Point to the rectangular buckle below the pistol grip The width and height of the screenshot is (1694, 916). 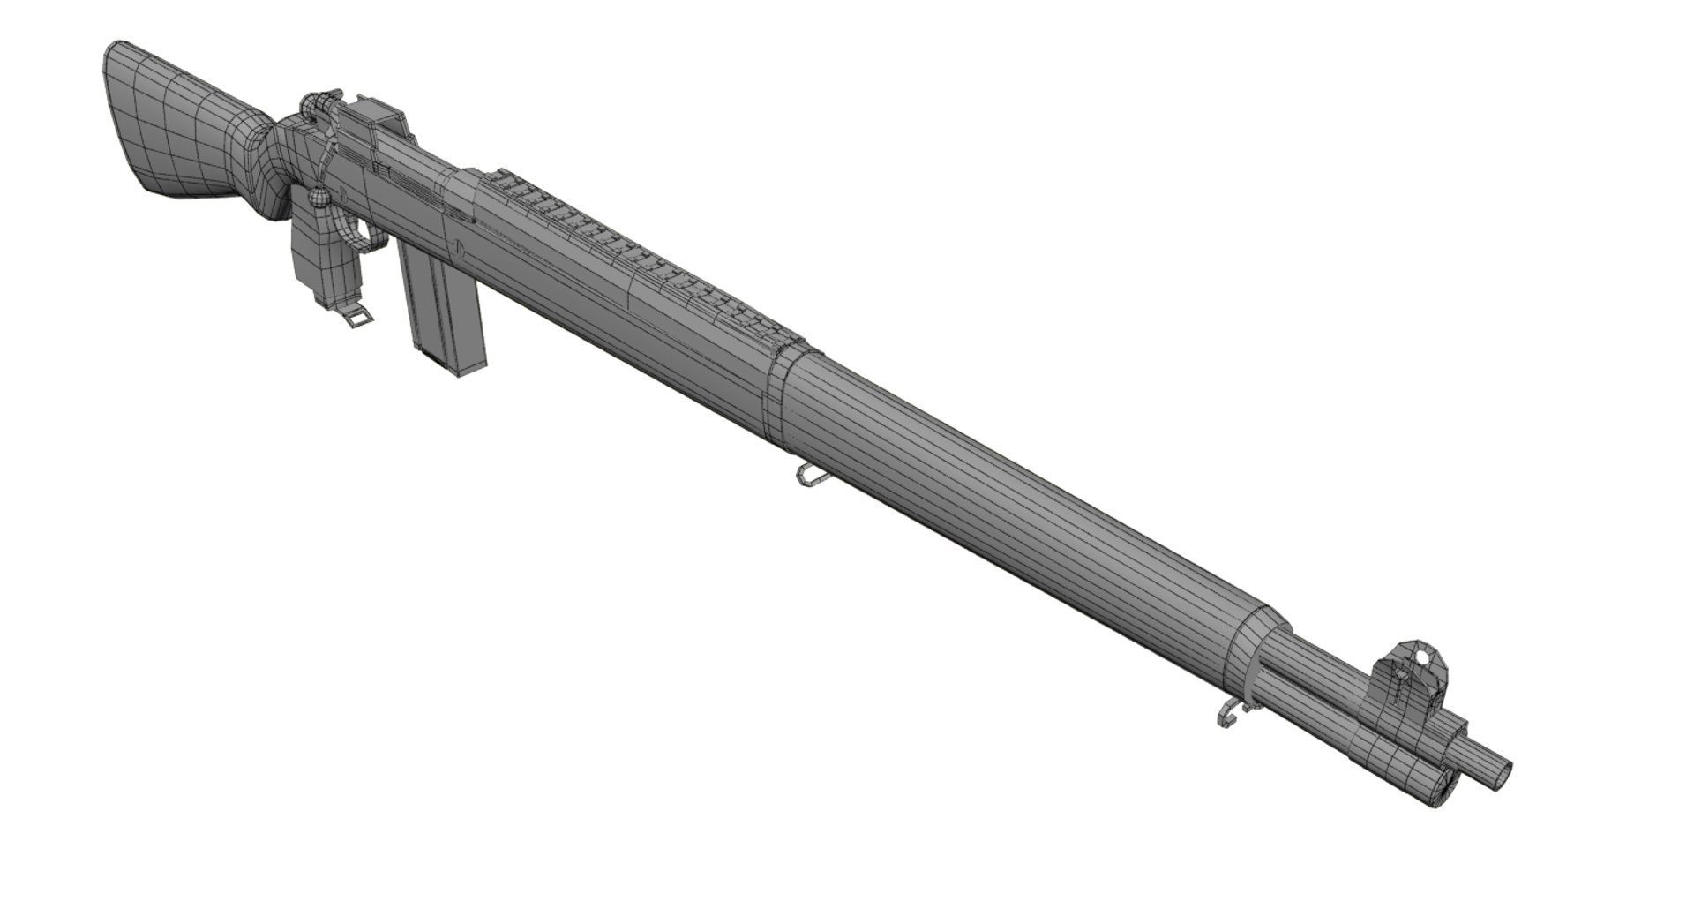pyautogui.click(x=357, y=318)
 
